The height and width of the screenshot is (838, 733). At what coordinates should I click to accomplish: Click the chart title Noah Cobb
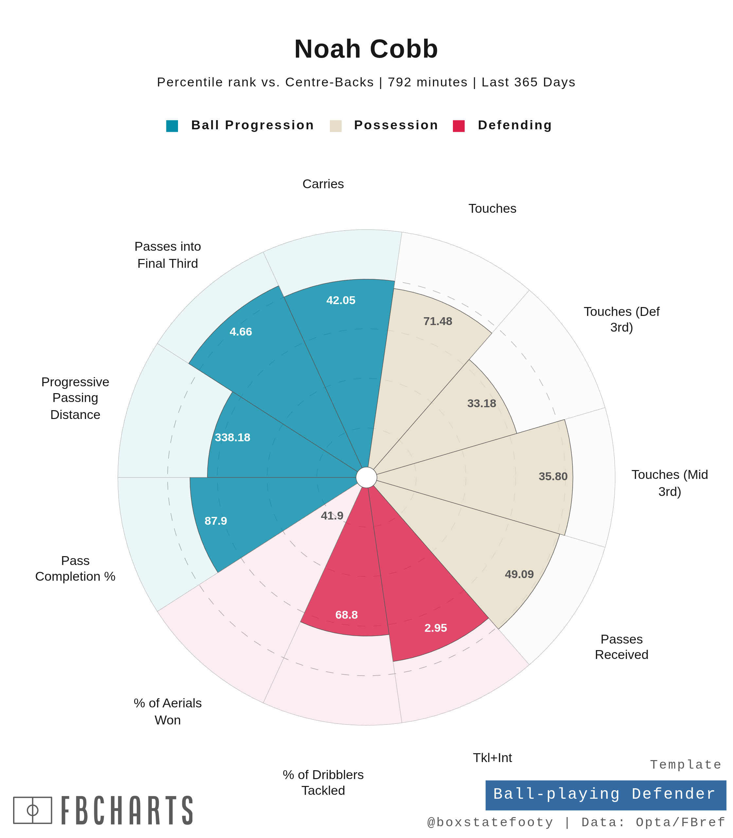[366, 49]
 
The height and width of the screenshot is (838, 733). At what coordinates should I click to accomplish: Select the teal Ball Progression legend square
[172, 126]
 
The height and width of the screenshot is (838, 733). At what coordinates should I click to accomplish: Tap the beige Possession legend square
[335, 126]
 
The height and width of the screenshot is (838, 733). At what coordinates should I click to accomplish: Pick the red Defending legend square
[458, 126]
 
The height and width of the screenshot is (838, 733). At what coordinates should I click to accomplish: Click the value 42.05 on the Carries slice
[341, 301]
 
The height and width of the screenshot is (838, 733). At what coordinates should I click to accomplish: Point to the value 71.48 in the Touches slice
[438, 321]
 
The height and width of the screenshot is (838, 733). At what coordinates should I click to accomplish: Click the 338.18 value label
[232, 437]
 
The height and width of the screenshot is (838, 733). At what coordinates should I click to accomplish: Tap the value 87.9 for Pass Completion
[216, 521]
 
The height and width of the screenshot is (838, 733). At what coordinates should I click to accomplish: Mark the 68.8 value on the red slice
[347, 615]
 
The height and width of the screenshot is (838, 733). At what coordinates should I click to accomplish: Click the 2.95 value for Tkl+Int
[436, 628]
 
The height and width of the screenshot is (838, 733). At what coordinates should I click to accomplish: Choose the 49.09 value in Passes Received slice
[519, 574]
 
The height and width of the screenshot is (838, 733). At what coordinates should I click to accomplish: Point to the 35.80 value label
[553, 476]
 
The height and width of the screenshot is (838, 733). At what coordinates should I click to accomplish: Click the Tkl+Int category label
[492, 758]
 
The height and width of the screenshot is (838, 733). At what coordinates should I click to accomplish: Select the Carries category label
[323, 184]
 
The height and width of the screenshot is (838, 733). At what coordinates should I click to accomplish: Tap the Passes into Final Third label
[168, 255]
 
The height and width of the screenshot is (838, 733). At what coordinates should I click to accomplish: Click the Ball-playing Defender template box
[605, 794]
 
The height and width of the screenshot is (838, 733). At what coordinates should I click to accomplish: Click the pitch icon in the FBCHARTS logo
[33, 810]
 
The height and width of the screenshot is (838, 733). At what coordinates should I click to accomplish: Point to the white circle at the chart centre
[366, 478]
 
